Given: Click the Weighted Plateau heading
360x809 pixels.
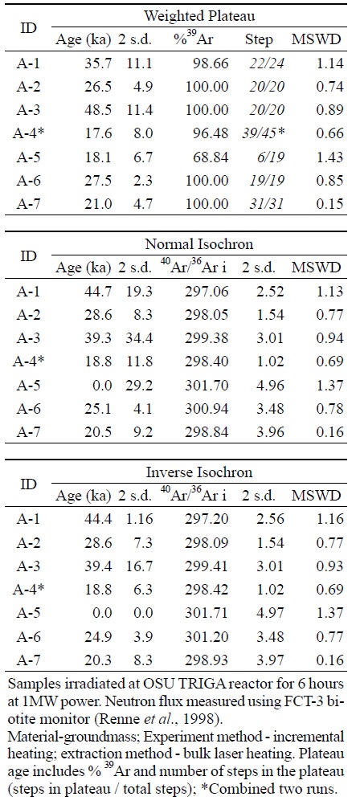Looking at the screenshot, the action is (199, 15).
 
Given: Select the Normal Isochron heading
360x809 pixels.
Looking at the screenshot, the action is (199, 243).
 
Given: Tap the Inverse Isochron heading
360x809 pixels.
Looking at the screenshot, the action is (199, 472).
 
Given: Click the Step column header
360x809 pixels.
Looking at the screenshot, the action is (259, 39).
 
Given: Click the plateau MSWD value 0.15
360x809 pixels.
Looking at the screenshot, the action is (330, 203).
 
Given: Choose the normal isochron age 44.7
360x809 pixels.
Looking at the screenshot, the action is (100, 291).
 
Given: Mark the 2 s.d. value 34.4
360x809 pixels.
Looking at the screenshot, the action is (139, 338).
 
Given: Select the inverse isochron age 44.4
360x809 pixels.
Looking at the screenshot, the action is (100, 520).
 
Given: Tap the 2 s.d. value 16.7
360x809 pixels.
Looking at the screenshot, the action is (139, 566).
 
